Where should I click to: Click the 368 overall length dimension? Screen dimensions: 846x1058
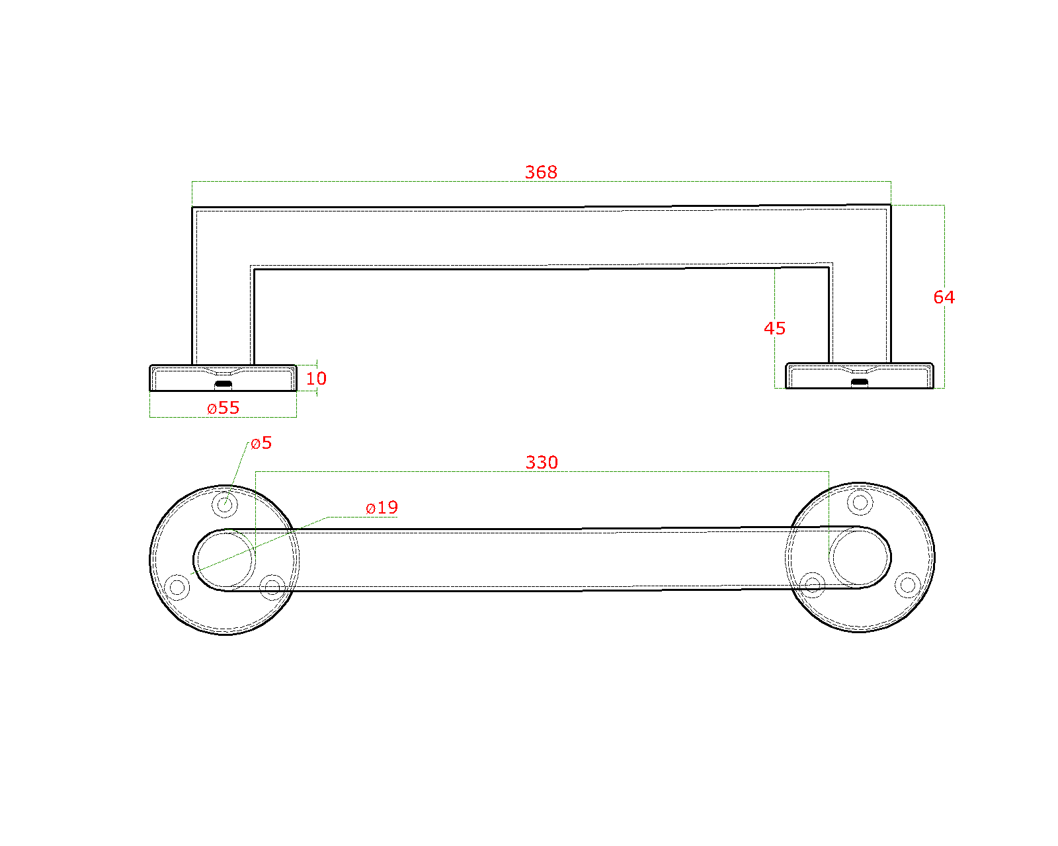pos(541,172)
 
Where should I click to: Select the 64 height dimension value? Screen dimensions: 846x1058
pos(944,297)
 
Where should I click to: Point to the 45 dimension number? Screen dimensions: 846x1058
pos(774,328)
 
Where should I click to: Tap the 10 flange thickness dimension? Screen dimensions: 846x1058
pos(316,379)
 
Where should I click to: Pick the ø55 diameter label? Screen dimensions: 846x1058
pos(224,408)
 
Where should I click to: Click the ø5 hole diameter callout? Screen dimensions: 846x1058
pos(261,443)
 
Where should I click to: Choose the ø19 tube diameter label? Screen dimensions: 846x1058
pos(382,508)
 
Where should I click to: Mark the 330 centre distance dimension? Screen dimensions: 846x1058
pos(542,462)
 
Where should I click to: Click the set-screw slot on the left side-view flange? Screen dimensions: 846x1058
pos(224,383)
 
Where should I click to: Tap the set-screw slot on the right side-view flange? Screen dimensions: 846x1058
pos(859,381)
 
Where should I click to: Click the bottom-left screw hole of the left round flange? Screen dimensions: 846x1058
pos(177,586)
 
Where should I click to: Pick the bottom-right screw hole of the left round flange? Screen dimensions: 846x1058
pos(272,586)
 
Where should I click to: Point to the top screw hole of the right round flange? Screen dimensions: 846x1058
pos(860,503)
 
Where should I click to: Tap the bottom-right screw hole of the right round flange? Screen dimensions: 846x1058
pos(907,584)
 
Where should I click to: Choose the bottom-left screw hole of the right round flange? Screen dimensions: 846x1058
pos(812,584)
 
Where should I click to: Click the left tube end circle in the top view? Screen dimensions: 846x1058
pos(225,560)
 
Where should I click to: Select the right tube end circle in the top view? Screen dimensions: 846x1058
pos(860,557)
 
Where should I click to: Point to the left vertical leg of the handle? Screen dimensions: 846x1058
pos(223,297)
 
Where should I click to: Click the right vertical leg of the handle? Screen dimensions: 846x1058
pos(860,297)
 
